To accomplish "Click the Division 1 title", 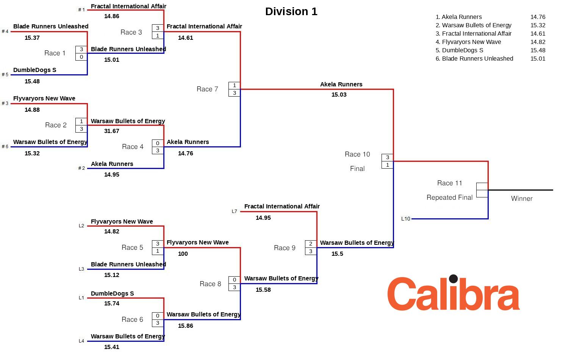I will (291, 11).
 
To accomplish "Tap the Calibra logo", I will (453, 293).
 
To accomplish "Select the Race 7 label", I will (207, 89).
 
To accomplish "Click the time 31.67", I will (112, 131).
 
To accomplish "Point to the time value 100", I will (183, 254).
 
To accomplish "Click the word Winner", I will (522, 199).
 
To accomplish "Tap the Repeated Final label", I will (449, 197).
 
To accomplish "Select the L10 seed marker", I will (405, 219).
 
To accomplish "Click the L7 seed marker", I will (234, 211).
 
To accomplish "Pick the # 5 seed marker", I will (5, 75).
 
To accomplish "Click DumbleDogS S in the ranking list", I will (459, 50).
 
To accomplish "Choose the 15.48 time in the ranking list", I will (538, 50).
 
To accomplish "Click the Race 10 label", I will (357, 154).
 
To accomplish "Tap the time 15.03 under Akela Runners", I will (339, 95).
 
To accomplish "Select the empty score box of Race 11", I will (482, 186).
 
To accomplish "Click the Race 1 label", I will (55, 53).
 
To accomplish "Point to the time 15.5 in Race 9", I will (337, 254).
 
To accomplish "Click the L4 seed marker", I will (81, 341).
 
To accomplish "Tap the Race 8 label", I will (210, 284).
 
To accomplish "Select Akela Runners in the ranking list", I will (458, 17).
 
